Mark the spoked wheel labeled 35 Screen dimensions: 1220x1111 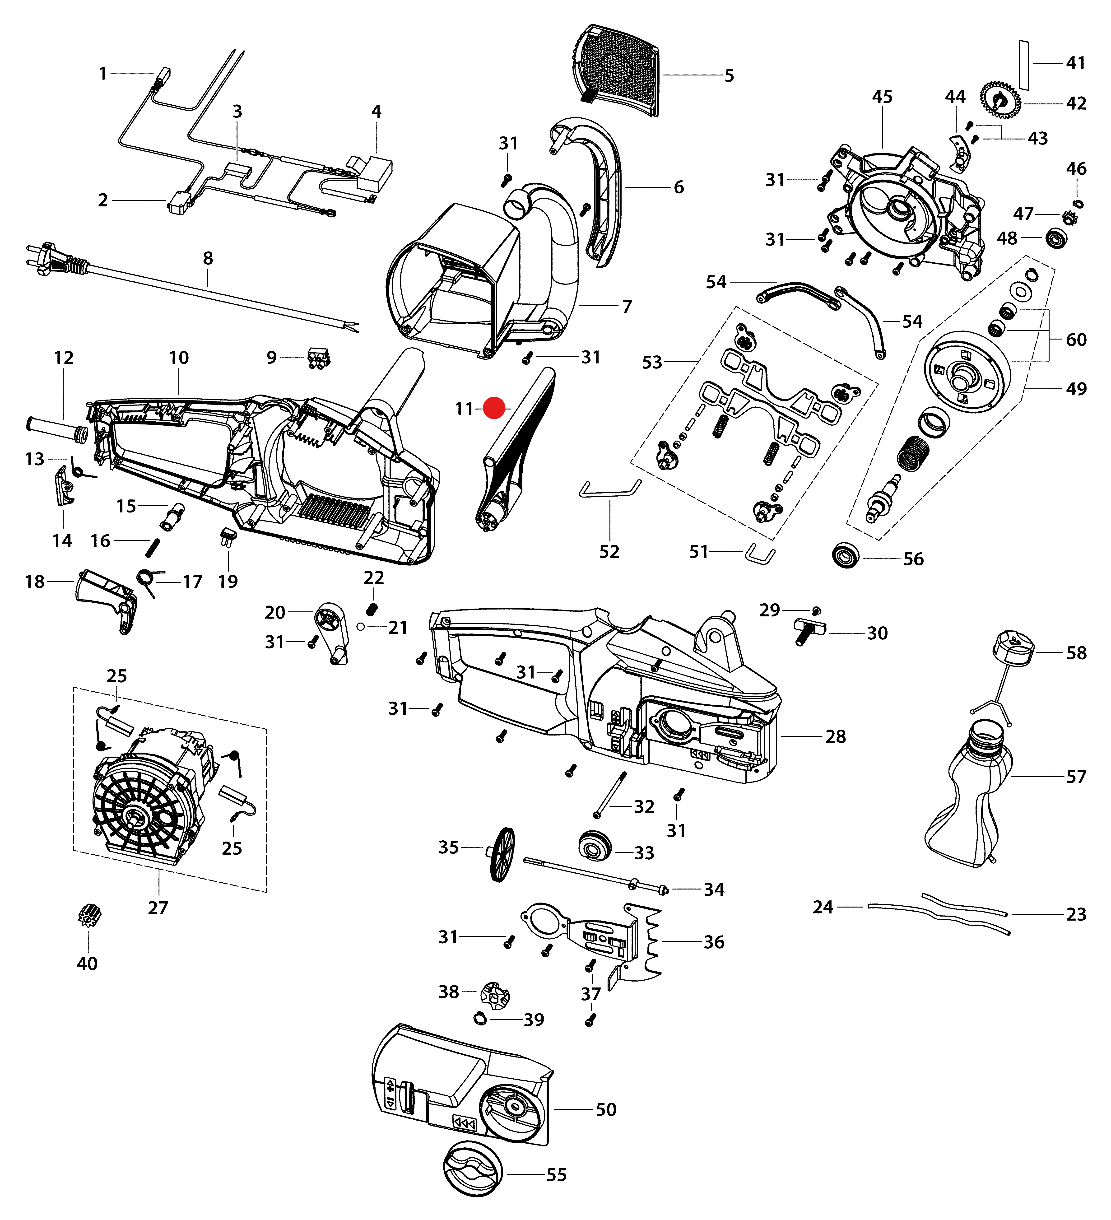pos(502,854)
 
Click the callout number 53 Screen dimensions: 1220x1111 pos(652,363)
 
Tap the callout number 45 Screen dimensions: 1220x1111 pos(882,97)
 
